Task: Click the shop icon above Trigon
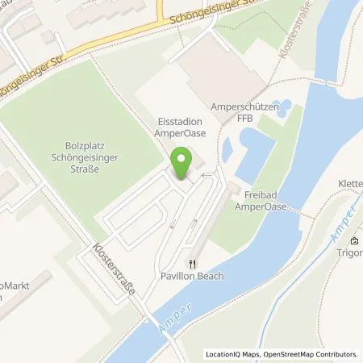(353, 240)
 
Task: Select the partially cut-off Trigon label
(351, 252)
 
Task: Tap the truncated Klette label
(349, 183)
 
